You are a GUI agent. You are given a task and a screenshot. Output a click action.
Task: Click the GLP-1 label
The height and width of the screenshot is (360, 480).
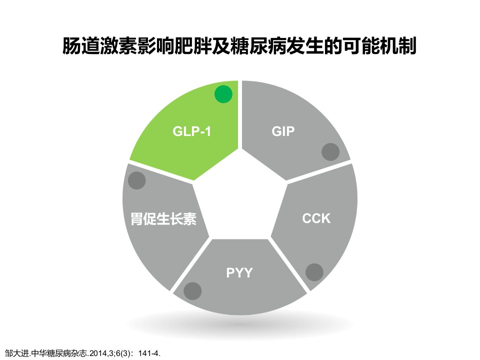point(192,131)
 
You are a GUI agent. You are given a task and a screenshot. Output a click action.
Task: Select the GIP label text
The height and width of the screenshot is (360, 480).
point(283,131)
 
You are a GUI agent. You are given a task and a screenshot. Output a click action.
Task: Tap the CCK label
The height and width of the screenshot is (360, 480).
point(316,218)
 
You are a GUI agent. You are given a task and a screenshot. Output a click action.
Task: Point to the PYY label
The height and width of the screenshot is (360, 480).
point(239,273)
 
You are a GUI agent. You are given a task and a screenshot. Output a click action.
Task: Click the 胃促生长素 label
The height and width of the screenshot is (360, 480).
point(163,218)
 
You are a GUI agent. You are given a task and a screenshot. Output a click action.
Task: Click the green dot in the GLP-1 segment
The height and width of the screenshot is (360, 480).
point(223,94)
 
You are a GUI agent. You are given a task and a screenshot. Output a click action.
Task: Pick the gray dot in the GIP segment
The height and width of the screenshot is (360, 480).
point(330,152)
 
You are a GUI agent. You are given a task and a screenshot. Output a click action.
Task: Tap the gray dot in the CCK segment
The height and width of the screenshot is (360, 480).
point(314,272)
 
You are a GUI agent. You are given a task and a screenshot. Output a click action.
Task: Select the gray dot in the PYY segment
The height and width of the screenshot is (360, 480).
point(192,291)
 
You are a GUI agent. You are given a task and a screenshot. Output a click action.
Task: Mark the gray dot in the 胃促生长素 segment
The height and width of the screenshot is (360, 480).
point(136,180)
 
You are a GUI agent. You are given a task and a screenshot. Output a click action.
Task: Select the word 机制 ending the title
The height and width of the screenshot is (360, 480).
point(398,46)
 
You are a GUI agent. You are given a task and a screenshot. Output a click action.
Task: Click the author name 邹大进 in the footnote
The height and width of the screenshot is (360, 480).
point(16,353)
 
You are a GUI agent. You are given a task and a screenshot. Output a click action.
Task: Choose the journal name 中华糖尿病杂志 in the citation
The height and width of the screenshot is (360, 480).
point(59,353)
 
